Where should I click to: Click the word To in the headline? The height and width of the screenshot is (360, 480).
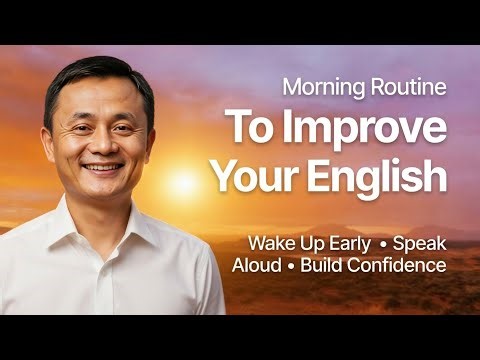[x=248, y=130]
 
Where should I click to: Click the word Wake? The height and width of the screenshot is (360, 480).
[x=273, y=243]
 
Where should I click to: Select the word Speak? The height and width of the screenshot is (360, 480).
[x=420, y=243]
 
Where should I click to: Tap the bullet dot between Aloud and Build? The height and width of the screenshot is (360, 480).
[x=292, y=266]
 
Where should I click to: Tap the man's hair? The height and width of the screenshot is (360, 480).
[x=95, y=72]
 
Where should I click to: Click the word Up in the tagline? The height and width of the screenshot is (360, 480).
[x=311, y=243]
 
